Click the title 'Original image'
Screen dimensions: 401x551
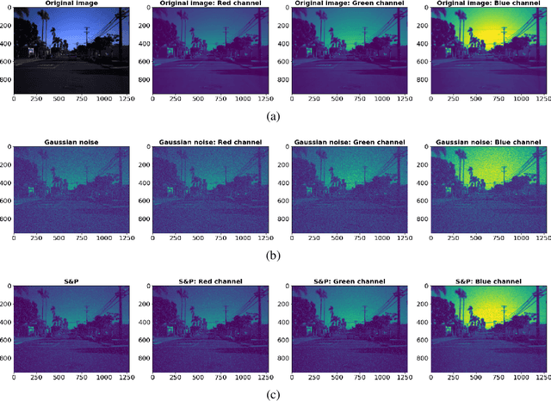coord(71,4)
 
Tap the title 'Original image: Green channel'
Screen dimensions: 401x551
coord(345,4)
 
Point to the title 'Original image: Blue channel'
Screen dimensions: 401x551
coord(484,4)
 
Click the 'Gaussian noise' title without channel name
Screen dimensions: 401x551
coord(71,141)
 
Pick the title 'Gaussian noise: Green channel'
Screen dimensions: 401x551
coord(345,141)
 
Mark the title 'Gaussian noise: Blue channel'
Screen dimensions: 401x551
coord(484,141)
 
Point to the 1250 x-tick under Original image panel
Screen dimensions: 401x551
coord(127,100)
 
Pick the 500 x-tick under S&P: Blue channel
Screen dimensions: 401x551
coord(474,377)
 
